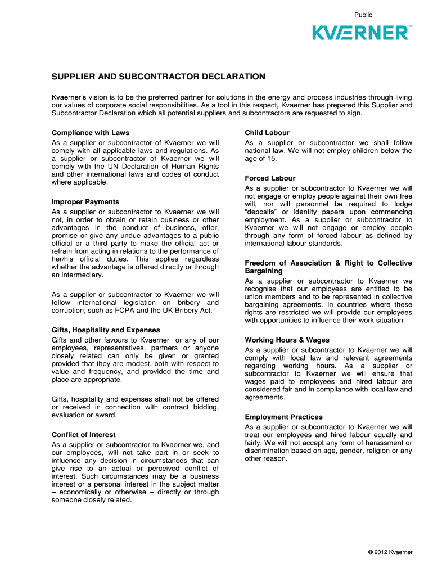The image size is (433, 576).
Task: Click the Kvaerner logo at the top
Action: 361,33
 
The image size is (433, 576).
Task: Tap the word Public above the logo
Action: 363,15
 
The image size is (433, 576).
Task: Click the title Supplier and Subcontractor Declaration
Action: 158,76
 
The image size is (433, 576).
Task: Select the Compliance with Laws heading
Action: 90,133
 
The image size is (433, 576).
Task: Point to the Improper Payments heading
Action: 85,201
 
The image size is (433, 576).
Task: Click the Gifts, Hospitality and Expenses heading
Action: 106,330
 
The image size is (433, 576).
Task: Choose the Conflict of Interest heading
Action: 83,435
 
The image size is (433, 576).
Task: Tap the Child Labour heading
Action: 267,133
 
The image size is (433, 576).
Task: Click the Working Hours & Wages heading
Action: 287,340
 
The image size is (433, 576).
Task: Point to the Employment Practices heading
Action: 283,417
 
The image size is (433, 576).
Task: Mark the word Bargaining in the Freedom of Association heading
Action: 264,271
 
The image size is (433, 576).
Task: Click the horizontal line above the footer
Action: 232,525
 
